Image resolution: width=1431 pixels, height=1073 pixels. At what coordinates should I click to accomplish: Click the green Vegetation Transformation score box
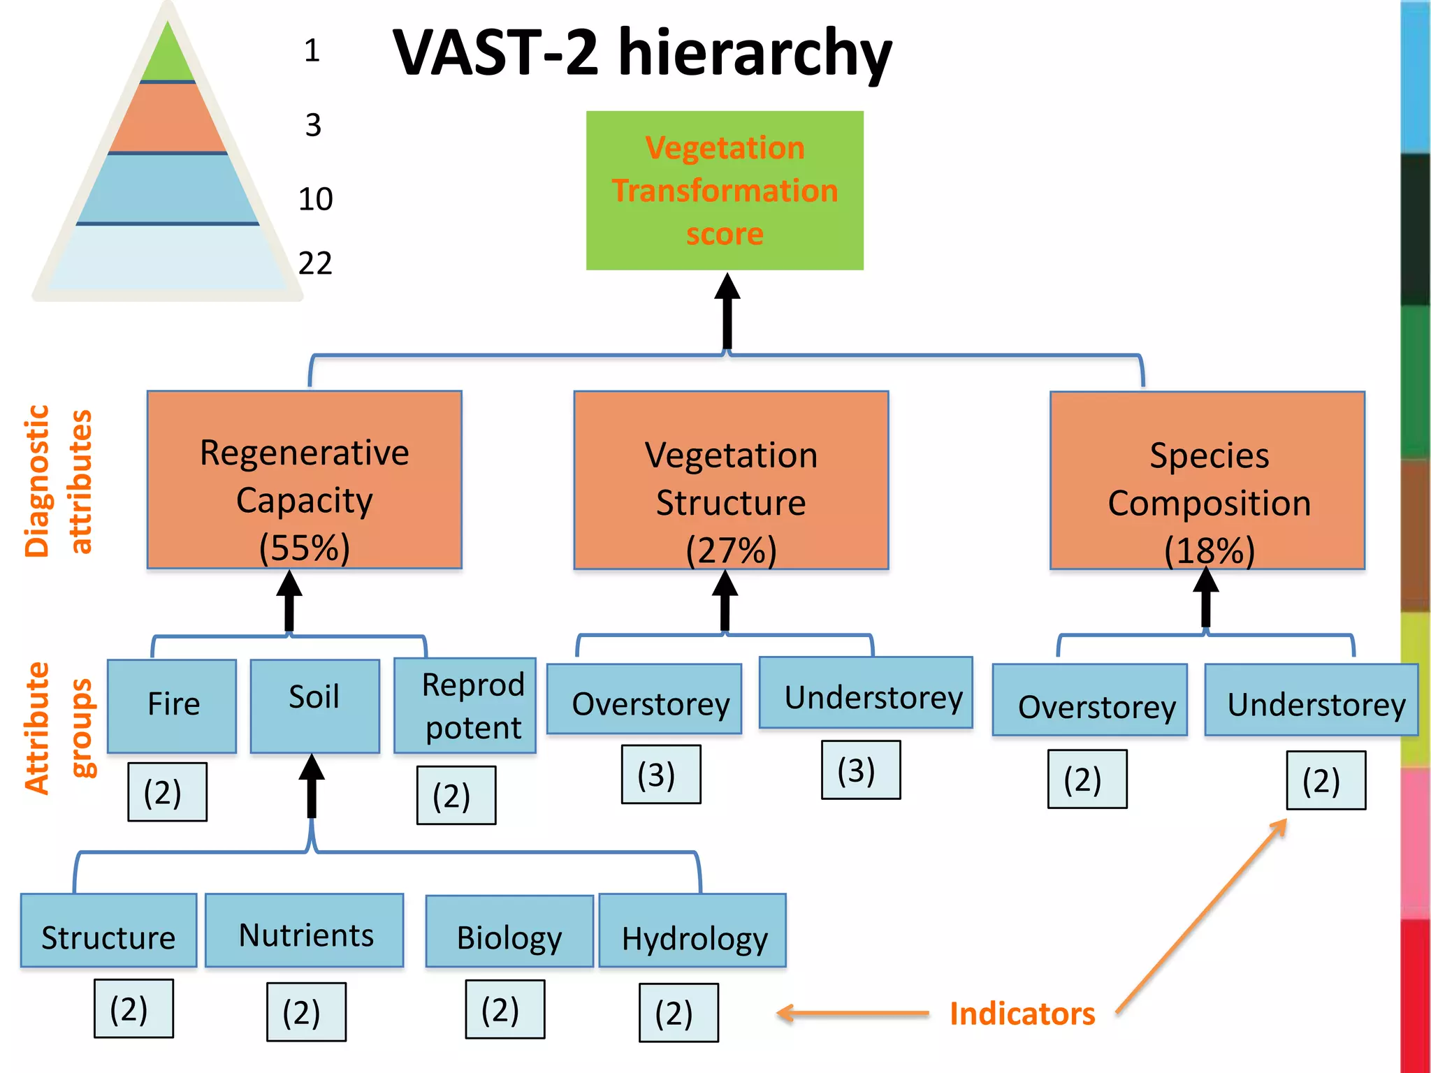tap(725, 190)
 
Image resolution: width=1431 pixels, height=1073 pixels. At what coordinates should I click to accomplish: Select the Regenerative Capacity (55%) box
tap(304, 480)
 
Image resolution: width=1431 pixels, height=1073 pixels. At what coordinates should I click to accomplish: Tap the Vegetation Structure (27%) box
tap(731, 480)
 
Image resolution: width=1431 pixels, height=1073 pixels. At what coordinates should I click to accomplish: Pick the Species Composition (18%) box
tap(1207, 480)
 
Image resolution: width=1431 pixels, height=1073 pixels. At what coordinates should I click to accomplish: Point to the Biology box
tap(509, 932)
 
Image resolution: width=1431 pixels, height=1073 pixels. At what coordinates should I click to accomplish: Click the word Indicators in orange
tap(1022, 1014)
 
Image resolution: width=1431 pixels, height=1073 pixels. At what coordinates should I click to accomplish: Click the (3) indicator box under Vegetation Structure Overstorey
tap(661, 775)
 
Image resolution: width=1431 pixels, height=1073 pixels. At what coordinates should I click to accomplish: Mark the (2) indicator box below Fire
tap(167, 791)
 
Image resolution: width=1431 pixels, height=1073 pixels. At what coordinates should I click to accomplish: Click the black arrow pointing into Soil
tap(312, 786)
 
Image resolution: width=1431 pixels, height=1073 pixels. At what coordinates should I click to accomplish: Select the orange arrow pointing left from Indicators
tap(852, 1014)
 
